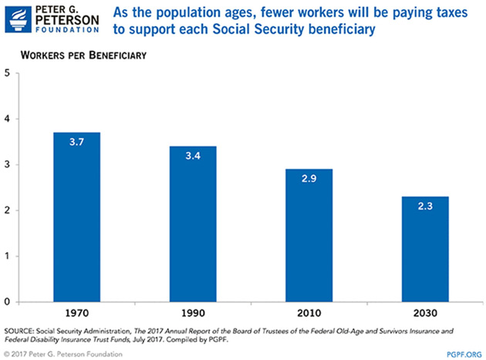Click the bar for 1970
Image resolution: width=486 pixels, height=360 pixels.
77,217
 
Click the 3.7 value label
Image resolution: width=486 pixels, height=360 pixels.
77,143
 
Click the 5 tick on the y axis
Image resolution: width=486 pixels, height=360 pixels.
7,74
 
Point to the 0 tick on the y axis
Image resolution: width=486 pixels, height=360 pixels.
7,301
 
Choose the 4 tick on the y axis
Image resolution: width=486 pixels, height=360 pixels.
7,119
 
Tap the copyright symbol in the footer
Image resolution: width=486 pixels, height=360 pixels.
7,352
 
